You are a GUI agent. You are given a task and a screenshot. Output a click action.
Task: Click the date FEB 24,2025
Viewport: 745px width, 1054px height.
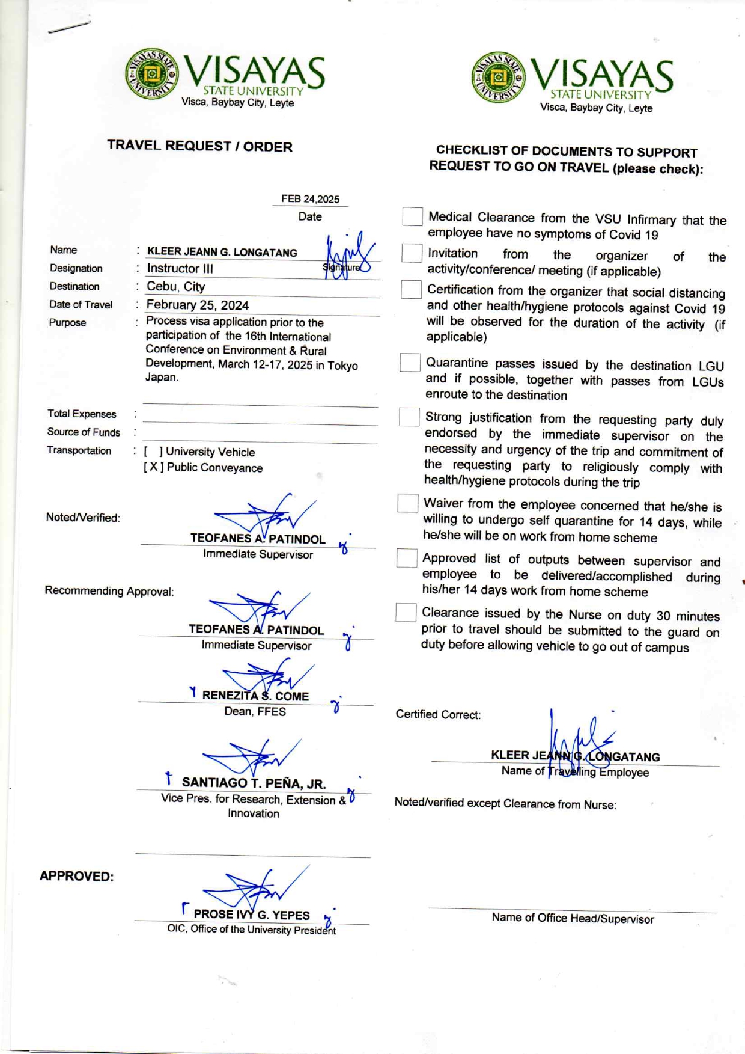310,199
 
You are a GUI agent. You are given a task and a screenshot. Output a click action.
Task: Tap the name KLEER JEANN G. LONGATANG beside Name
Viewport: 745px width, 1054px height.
222,252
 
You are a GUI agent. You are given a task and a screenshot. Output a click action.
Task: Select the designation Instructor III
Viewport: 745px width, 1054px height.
180,269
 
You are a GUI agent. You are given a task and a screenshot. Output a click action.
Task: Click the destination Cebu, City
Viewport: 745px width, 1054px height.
175,287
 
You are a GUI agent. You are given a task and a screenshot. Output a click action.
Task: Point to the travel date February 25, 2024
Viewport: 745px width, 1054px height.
197,305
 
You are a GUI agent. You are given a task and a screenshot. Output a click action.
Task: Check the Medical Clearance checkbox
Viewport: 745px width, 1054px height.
412,216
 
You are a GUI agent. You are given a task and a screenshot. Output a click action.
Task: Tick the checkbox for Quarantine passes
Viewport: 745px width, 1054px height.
410,363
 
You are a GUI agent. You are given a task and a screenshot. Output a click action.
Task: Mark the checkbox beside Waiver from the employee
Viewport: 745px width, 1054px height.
407,503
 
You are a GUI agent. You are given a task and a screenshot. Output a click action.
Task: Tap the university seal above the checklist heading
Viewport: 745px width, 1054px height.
497,78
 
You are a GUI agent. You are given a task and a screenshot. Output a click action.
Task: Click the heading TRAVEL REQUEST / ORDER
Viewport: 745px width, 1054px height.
199,146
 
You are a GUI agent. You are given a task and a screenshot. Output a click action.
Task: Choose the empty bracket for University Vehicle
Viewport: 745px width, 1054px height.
153,452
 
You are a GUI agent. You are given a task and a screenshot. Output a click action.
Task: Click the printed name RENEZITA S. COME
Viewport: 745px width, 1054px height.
255,696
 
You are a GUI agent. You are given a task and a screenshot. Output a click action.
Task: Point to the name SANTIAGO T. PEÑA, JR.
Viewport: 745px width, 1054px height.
254,783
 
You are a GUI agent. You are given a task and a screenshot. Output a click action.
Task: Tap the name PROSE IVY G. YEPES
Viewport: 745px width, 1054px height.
252,915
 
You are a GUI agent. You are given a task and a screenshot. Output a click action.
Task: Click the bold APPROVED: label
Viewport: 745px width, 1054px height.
76,876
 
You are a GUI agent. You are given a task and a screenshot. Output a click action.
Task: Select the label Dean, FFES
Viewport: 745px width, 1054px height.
255,712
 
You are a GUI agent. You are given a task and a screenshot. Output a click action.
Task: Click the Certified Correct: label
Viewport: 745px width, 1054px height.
438,715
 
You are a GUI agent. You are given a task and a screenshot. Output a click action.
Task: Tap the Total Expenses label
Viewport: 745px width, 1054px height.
82,414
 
